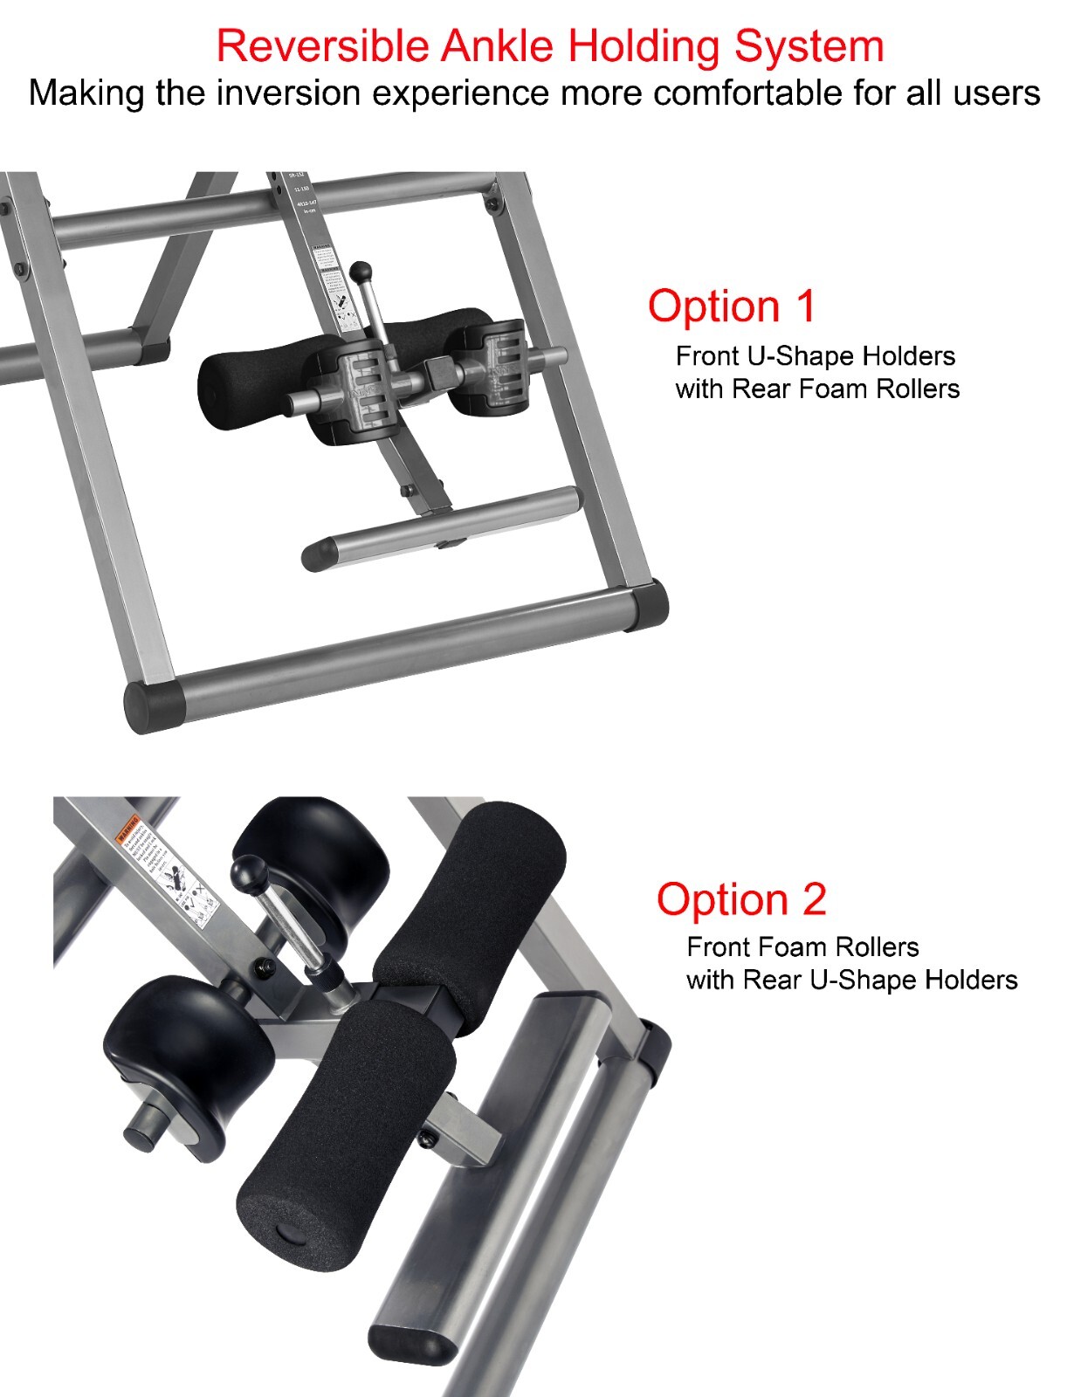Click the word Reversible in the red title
click(323, 45)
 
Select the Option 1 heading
click(732, 306)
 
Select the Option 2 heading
click(741, 899)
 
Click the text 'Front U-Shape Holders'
click(816, 356)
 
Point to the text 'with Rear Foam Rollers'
click(817, 389)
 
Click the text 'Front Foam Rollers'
click(802, 947)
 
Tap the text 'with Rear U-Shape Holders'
click(851, 980)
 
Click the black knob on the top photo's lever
click(360, 272)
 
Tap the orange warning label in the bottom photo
click(128, 824)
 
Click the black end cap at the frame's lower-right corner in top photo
click(648, 605)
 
